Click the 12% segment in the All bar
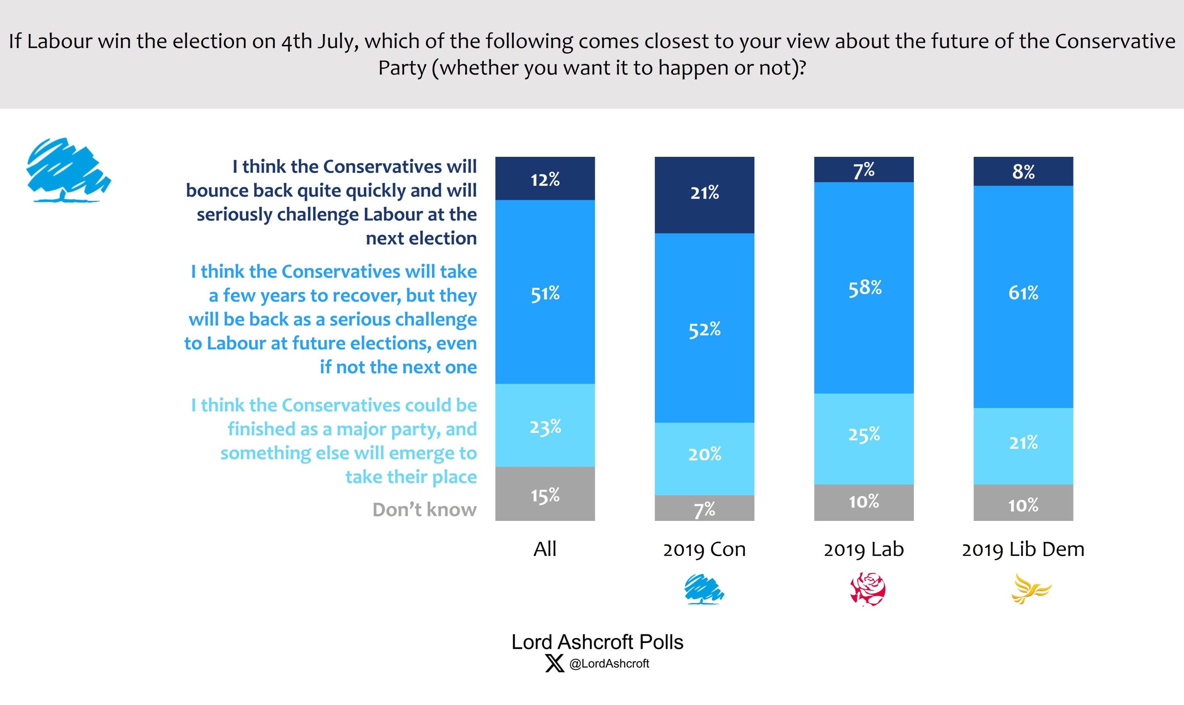tap(545, 179)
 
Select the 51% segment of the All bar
tap(545, 292)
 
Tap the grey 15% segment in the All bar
tap(545, 494)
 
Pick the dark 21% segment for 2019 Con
tap(704, 195)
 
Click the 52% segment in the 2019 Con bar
tap(704, 328)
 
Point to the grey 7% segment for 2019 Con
tap(704, 508)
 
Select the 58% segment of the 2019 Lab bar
tap(864, 288)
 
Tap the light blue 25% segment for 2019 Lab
tap(864, 439)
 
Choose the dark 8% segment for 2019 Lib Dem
tap(1023, 172)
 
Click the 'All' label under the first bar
tap(545, 549)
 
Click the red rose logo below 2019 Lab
tap(867, 589)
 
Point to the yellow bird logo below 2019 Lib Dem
tap(1030, 589)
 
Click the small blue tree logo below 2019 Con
tap(704, 589)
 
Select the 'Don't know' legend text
tap(424, 510)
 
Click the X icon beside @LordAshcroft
tap(554, 663)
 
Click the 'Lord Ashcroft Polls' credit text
tap(597, 642)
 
